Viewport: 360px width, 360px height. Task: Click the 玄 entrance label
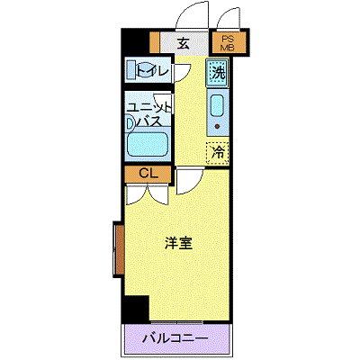pyautogui.click(x=184, y=44)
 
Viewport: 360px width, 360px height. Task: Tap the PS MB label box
pyautogui.click(x=229, y=42)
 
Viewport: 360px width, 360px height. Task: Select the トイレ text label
pyautogui.click(x=152, y=71)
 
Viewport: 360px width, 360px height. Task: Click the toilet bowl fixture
pyautogui.click(x=141, y=69)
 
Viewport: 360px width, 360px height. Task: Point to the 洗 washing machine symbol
pyautogui.click(x=218, y=73)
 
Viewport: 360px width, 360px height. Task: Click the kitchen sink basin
pyautogui.click(x=217, y=105)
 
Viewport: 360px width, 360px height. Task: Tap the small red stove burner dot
pyautogui.click(x=217, y=127)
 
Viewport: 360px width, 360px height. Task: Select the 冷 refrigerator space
pyautogui.click(x=218, y=153)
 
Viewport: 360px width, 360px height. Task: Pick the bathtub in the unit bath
pyautogui.click(x=147, y=144)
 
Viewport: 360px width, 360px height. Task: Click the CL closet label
pyautogui.click(x=148, y=174)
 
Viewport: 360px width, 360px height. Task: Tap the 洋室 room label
pyautogui.click(x=178, y=243)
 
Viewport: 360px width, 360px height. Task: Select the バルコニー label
pyautogui.click(x=175, y=339)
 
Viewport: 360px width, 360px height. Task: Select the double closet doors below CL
pyautogui.click(x=147, y=195)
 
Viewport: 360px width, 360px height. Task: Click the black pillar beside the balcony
pyautogui.click(x=137, y=309)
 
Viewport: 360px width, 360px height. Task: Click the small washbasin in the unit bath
pyautogui.click(x=130, y=123)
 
